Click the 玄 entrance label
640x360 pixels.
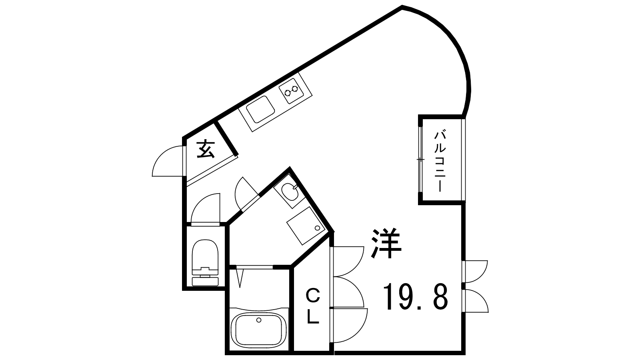pos(206,149)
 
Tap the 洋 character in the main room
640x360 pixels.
pos(386,243)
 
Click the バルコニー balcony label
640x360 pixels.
pos(440,162)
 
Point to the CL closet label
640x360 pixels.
pos(313,306)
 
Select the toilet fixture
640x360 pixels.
pos(205,262)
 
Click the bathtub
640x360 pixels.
pos(259,332)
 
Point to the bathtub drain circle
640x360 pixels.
pos(259,320)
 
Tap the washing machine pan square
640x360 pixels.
pos(306,226)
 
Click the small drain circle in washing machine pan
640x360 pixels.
pos(318,228)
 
